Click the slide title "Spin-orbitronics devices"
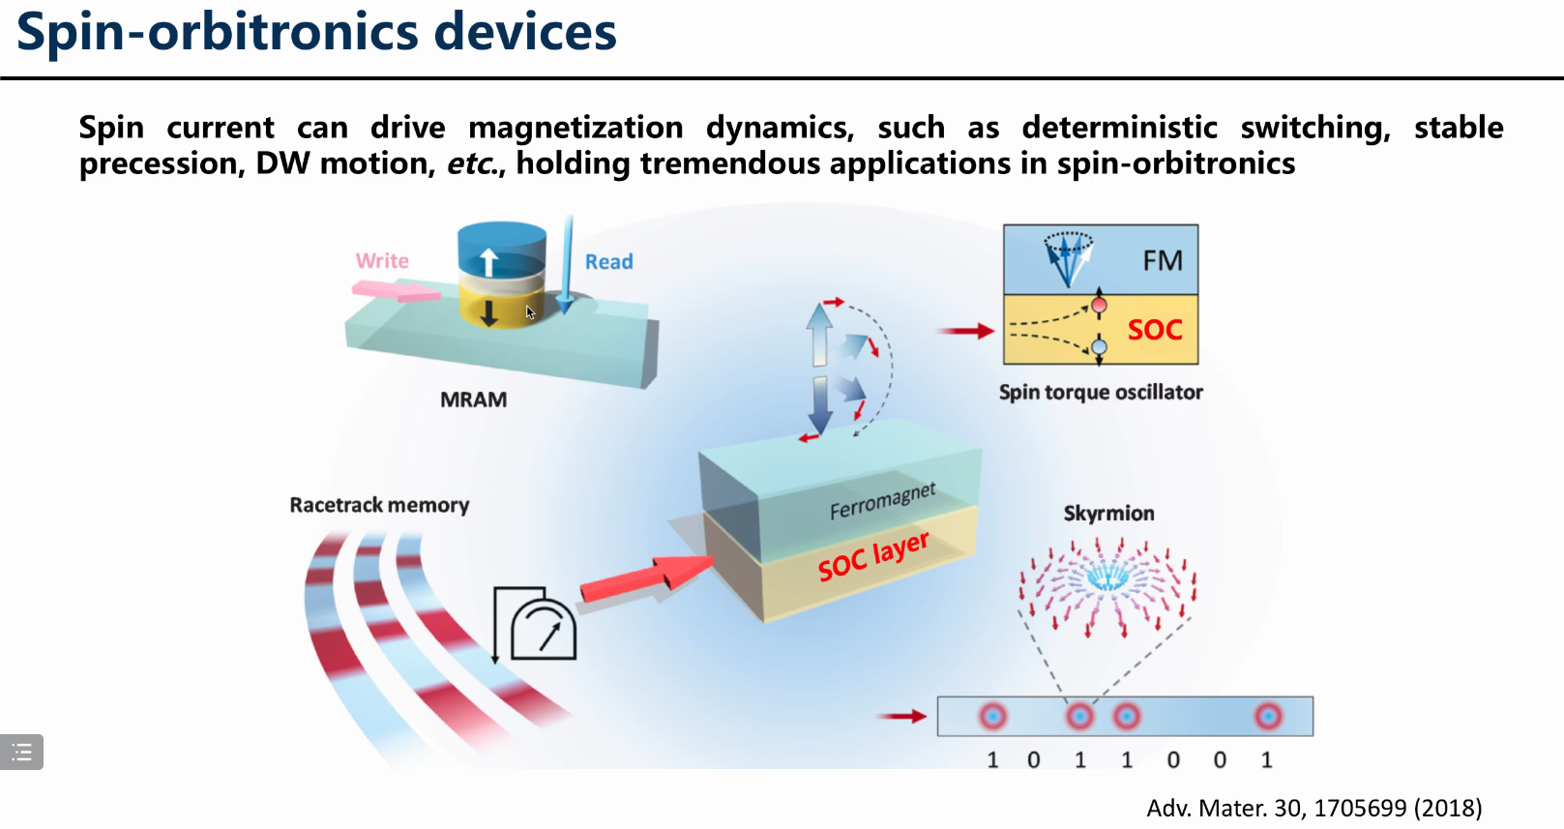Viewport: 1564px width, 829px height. click(x=316, y=32)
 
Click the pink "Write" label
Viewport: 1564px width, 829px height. click(x=382, y=261)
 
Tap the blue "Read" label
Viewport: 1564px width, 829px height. click(x=608, y=262)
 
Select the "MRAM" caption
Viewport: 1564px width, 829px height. click(x=473, y=400)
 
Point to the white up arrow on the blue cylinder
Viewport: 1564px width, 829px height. click(x=489, y=261)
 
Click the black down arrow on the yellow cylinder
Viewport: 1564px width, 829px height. click(x=489, y=311)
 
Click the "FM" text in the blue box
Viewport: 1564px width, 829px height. click(x=1163, y=260)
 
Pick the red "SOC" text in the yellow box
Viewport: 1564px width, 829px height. click(x=1155, y=330)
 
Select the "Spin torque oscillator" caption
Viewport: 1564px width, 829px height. click(x=1101, y=392)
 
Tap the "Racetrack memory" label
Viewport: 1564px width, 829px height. click(x=379, y=505)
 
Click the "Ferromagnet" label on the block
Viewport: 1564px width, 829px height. click(x=882, y=500)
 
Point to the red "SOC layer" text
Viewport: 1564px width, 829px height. click(x=872, y=555)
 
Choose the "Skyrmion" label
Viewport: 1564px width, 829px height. click(x=1108, y=513)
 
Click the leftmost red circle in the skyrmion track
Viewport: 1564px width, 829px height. click(x=992, y=716)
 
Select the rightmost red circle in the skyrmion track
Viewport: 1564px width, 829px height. click(x=1268, y=716)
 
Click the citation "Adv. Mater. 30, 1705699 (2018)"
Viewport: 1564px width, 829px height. click(x=1313, y=808)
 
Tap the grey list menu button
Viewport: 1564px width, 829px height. click(x=21, y=752)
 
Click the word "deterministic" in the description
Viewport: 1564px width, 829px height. click(x=1119, y=128)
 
